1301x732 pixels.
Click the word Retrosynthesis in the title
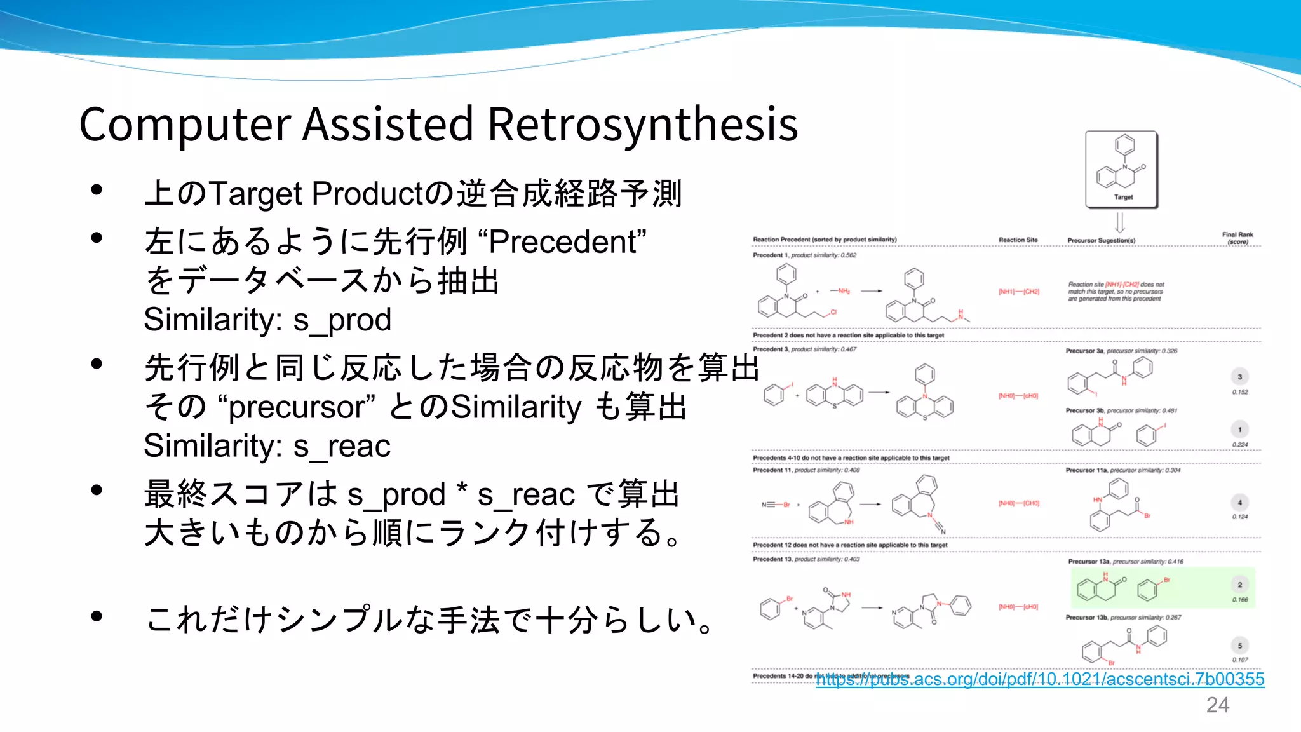(x=642, y=124)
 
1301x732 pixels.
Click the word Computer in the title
(x=185, y=124)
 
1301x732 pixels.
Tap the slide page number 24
(x=1217, y=705)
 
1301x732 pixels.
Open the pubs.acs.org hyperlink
(x=1040, y=679)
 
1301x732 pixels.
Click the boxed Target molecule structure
(x=1121, y=169)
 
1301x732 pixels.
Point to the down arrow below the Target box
(x=1120, y=222)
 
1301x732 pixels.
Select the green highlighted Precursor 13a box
(x=1163, y=588)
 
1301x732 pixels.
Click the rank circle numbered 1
(x=1239, y=430)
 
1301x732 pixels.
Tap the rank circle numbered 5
(x=1239, y=646)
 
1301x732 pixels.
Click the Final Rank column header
(x=1237, y=238)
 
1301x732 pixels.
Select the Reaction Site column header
(x=1018, y=240)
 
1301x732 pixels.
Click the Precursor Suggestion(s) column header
(x=1101, y=241)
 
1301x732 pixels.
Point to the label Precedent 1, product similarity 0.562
(x=804, y=255)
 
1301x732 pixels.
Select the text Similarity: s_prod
(x=267, y=320)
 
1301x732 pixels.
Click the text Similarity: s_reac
(x=267, y=446)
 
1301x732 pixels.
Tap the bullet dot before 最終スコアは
(x=97, y=490)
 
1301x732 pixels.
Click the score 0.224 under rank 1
(x=1239, y=445)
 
